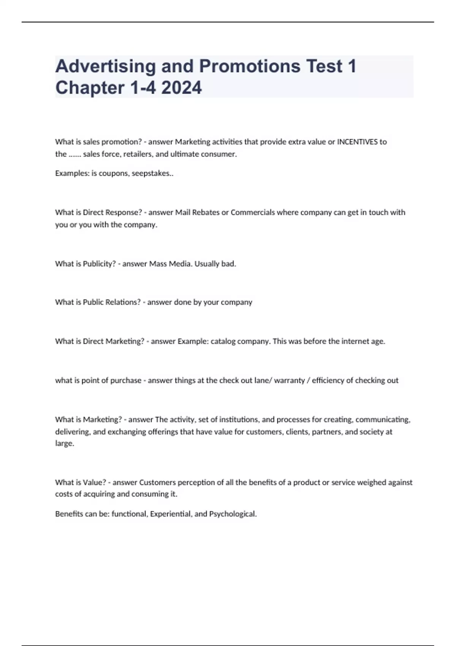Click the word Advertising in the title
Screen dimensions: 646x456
[105, 66]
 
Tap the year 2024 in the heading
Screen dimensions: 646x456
[181, 88]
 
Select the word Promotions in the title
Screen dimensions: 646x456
[250, 66]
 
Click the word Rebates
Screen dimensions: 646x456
[206, 212]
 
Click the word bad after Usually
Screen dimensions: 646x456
[228, 264]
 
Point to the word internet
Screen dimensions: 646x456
[355, 341]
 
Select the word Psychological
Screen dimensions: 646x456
[233, 514]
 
